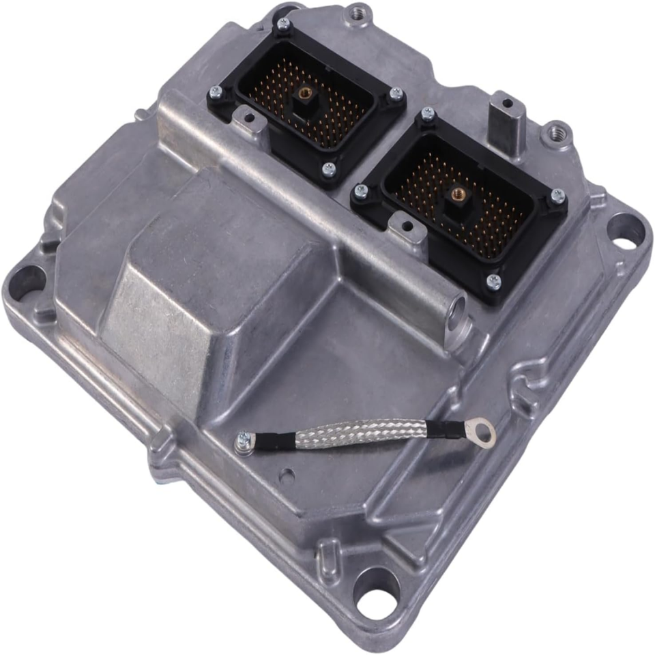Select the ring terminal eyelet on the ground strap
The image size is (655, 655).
484,431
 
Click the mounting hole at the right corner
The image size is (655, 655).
624,232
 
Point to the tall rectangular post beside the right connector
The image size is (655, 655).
508,121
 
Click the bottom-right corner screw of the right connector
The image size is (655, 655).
493,280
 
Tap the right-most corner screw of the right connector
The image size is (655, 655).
557,196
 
